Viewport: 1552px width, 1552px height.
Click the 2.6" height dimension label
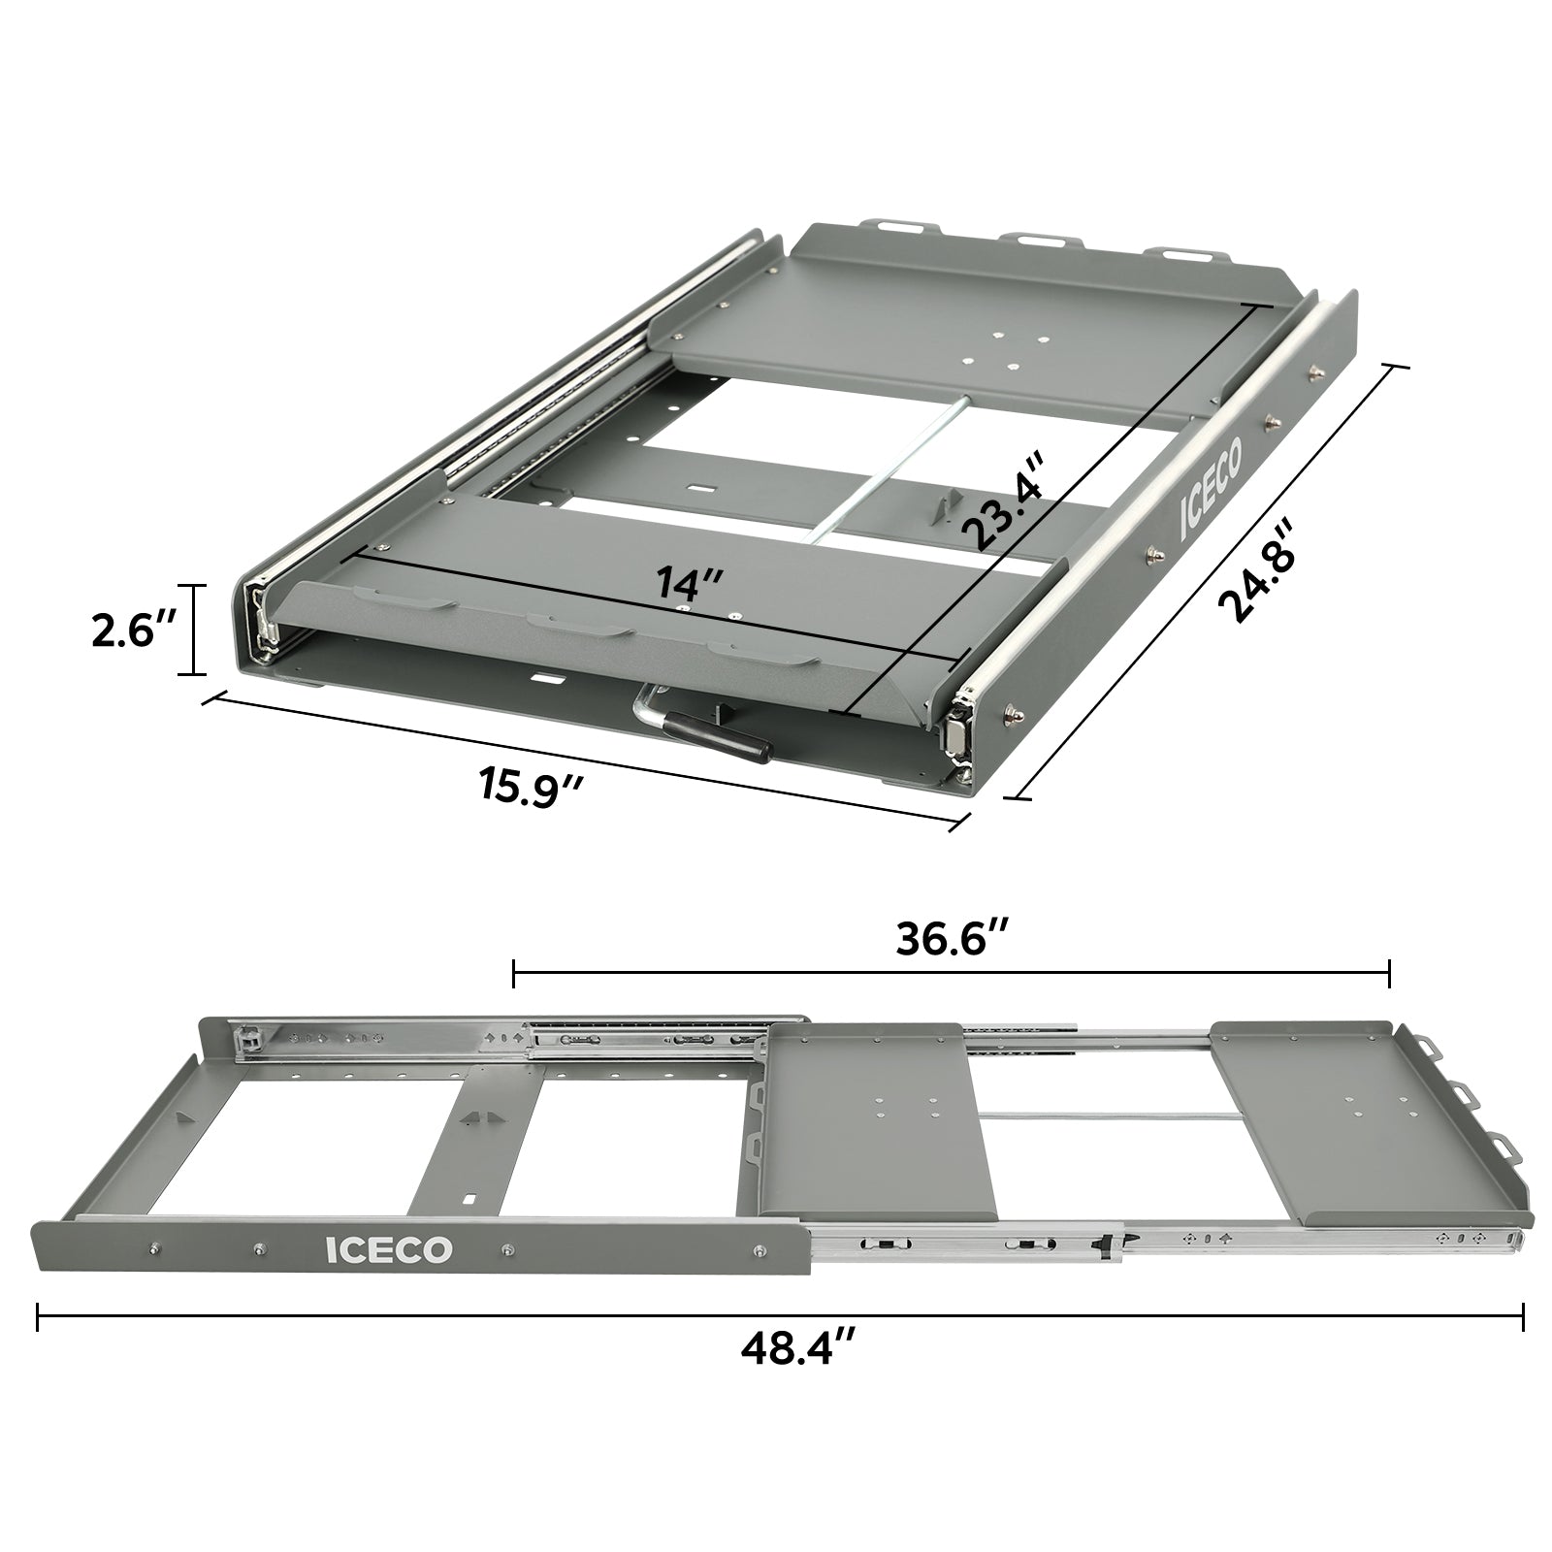130,631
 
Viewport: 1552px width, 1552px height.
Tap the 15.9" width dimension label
529,782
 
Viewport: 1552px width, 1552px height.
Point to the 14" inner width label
689,583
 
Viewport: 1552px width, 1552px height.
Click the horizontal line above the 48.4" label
776,1316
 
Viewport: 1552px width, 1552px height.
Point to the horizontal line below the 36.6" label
951,971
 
